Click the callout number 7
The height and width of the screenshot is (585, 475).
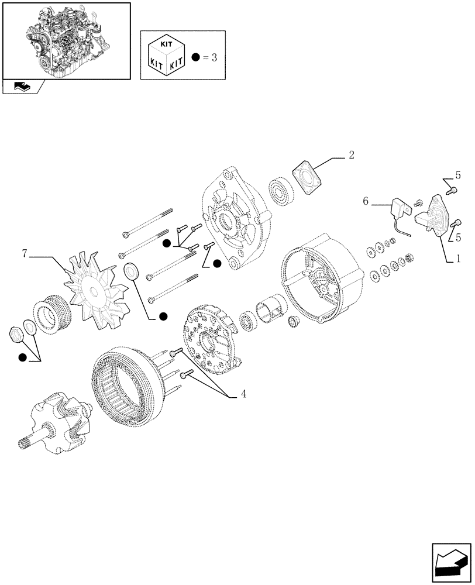[25, 254]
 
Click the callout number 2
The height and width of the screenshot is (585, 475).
[351, 155]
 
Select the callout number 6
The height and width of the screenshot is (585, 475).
[366, 202]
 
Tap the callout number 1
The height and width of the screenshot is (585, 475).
[459, 258]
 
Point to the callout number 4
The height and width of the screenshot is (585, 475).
[243, 395]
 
